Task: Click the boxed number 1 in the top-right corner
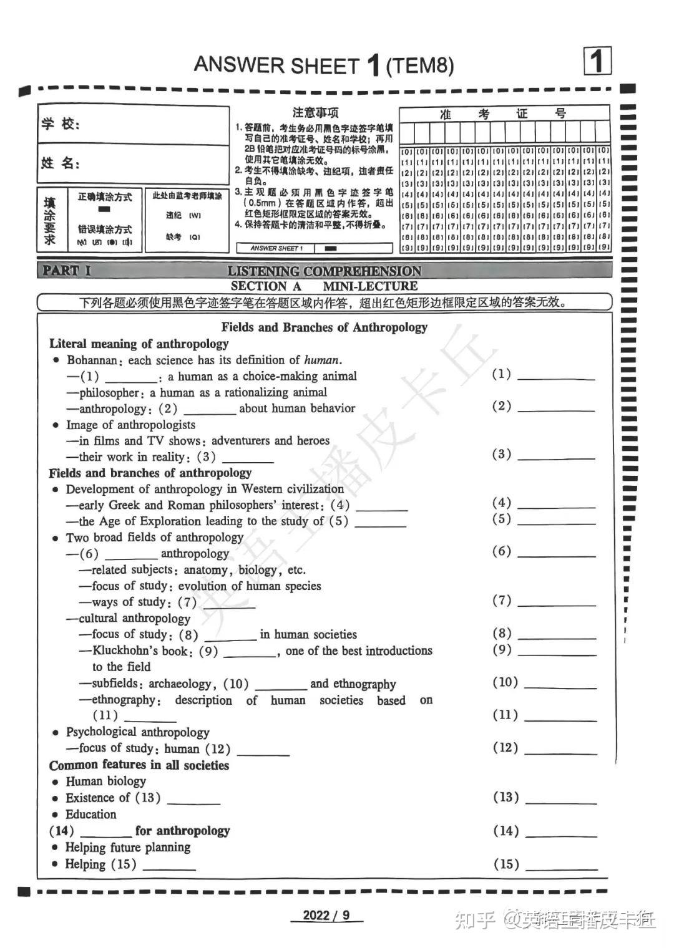(597, 61)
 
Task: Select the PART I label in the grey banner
(66, 271)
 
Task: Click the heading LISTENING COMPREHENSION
(324, 271)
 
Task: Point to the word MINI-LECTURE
(370, 286)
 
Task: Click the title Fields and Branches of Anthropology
(324, 327)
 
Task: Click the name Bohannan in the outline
(92, 360)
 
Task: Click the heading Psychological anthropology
(137, 732)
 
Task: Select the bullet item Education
(91, 814)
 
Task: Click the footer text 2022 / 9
(326, 916)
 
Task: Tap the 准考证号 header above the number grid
(504, 114)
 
